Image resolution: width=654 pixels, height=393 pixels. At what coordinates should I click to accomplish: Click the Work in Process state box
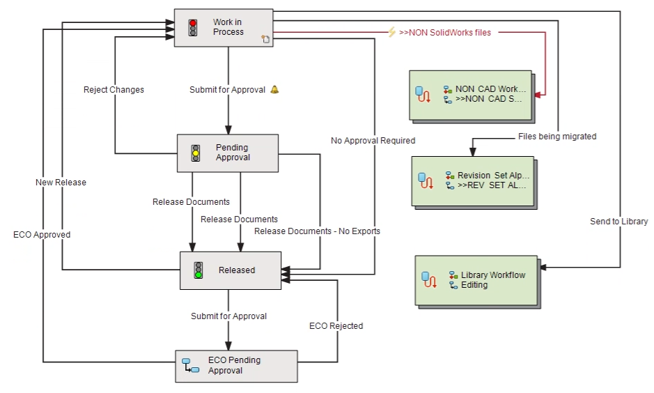click(223, 28)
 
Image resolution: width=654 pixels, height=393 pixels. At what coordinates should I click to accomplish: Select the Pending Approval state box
click(228, 153)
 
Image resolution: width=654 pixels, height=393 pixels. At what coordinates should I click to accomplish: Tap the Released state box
click(231, 270)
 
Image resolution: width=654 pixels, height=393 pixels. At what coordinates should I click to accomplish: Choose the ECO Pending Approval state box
click(236, 366)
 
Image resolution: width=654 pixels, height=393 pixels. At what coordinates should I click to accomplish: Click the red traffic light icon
click(193, 28)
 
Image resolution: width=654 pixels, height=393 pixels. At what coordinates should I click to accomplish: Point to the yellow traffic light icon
click(196, 153)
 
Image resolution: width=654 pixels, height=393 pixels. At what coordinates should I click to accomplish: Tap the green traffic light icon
click(198, 270)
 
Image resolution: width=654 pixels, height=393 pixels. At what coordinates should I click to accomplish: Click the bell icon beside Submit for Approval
click(274, 89)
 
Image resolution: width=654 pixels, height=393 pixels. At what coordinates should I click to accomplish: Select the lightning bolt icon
click(392, 32)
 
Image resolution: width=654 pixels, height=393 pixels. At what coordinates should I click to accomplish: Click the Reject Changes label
click(114, 90)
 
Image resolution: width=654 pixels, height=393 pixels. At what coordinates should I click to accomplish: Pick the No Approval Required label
click(373, 141)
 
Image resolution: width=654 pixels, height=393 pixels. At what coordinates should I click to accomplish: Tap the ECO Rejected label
click(336, 325)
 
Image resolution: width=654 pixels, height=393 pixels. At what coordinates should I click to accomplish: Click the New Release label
click(61, 183)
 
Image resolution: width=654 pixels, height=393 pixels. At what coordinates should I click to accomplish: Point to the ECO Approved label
click(42, 235)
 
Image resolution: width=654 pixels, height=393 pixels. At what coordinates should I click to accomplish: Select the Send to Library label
click(618, 222)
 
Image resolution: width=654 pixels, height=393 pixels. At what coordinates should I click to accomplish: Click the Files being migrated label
click(557, 137)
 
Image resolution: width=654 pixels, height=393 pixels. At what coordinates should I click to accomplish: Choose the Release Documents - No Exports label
click(317, 231)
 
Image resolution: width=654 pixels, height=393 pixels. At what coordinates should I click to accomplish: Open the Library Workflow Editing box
click(476, 279)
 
